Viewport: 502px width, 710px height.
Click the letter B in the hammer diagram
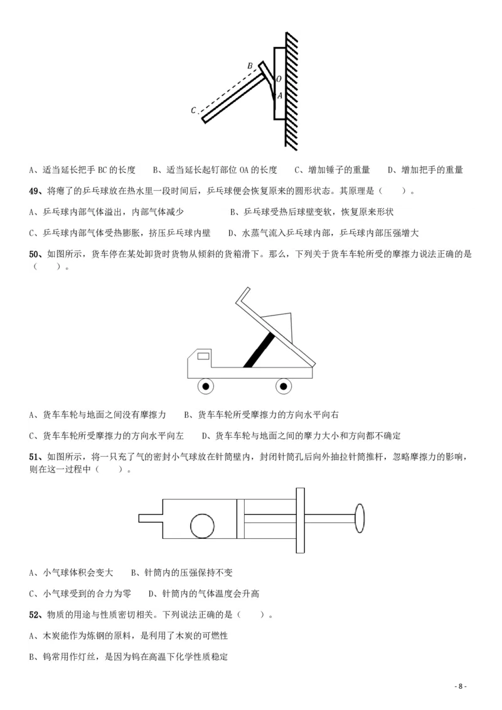(x=250, y=66)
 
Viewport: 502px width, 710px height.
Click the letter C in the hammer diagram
(x=194, y=110)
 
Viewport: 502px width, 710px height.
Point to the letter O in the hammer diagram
(x=279, y=79)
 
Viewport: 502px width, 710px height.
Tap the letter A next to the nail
(x=280, y=95)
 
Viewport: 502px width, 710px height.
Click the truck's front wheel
(x=205, y=386)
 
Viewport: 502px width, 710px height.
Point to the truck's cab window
(x=203, y=356)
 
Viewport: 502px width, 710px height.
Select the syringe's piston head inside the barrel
(x=240, y=519)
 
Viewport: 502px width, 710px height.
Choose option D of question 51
(x=203, y=593)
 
